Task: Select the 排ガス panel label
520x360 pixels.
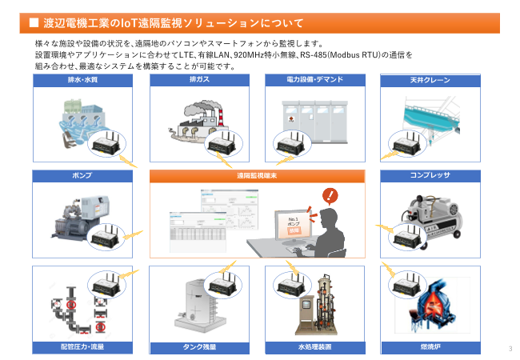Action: tap(199, 81)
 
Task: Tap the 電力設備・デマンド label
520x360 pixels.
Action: tap(314, 81)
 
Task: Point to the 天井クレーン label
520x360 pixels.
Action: tap(430, 81)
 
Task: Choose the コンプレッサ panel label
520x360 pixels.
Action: tap(430, 174)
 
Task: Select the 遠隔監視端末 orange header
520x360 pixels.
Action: tap(257, 174)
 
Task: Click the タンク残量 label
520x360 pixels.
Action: tap(199, 347)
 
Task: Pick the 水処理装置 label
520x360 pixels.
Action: tap(314, 347)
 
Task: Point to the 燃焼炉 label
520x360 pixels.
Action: tap(430, 347)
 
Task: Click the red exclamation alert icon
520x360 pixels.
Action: tap(328, 196)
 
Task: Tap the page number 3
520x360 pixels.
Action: tap(510, 348)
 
